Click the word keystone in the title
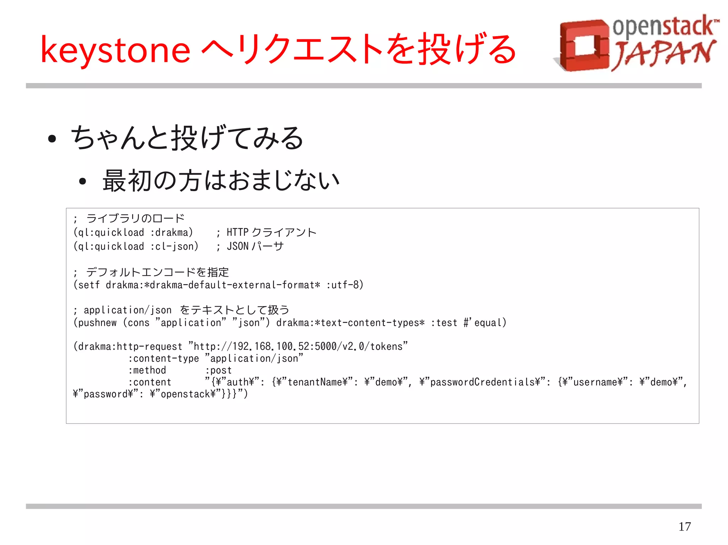(x=116, y=51)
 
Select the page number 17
(x=684, y=526)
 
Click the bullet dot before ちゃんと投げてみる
(x=52, y=139)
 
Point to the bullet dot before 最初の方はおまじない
(x=82, y=182)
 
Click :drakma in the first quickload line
(x=171, y=233)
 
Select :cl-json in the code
(x=174, y=246)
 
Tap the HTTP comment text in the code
(x=237, y=233)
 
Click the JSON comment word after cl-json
(x=237, y=246)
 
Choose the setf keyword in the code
(x=89, y=285)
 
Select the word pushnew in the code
(x=97, y=323)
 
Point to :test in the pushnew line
(x=444, y=323)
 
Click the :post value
(x=218, y=370)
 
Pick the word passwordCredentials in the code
(x=482, y=382)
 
